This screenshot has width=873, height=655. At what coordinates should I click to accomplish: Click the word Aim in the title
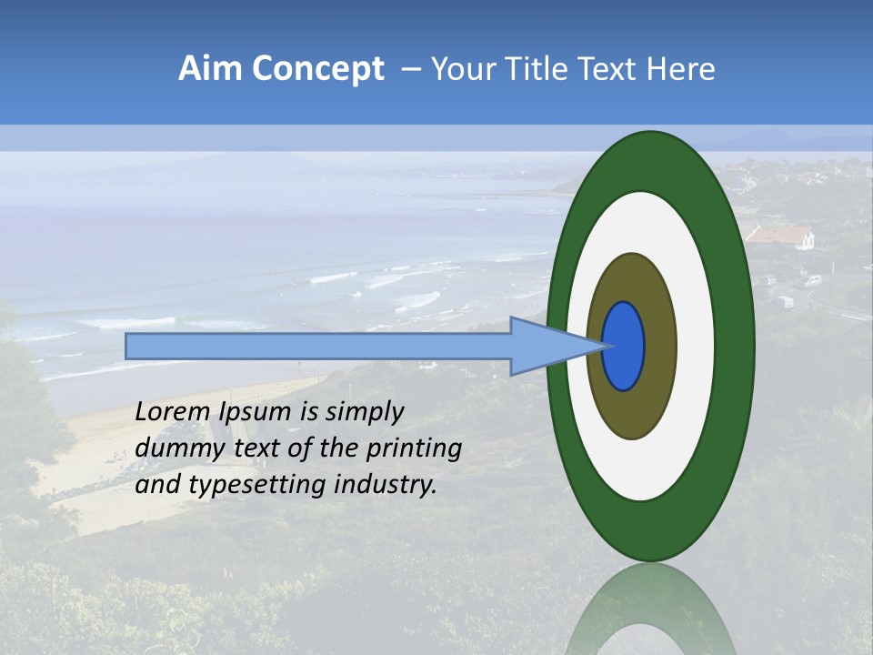tap(211, 69)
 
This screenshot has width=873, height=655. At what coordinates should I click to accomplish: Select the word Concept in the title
tap(317, 69)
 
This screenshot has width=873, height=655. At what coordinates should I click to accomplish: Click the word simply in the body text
tap(364, 412)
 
